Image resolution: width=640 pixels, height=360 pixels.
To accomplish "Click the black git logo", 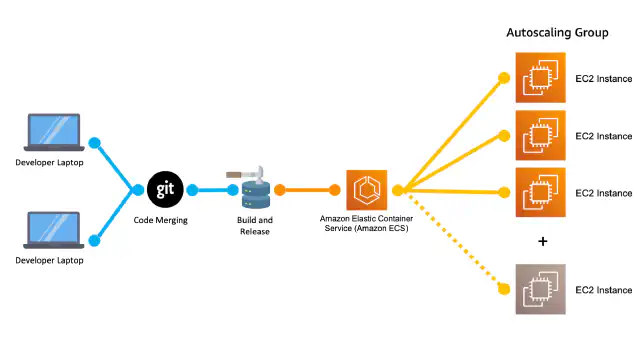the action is click(x=165, y=189).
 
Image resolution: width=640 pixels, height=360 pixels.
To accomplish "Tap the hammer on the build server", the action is click(x=245, y=174).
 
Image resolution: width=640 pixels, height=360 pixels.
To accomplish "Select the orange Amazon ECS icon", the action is click(x=367, y=190).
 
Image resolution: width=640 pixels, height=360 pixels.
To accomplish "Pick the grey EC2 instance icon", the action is click(x=540, y=289).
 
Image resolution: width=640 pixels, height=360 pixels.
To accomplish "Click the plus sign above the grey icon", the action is click(x=542, y=242).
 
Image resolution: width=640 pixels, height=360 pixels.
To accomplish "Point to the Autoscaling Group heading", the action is click(x=557, y=33).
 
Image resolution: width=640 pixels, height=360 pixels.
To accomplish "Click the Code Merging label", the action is click(x=160, y=220).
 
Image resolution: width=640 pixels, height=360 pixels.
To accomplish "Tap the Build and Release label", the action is click(x=255, y=226).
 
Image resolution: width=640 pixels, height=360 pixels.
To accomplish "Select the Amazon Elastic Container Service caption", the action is click(x=366, y=224).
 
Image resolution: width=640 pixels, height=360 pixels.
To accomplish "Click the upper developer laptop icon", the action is click(x=54, y=132).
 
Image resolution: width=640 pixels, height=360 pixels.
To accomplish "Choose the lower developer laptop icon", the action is click(x=54, y=230).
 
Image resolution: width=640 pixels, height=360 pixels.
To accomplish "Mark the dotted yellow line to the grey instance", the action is click(x=454, y=242).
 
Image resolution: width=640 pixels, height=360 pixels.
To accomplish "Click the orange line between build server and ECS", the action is click(x=307, y=190).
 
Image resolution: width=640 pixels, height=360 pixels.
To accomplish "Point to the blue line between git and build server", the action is click(x=212, y=190).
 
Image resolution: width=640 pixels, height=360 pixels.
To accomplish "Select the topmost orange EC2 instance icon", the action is click(x=540, y=77).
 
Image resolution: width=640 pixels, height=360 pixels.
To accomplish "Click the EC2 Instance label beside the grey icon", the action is click(x=604, y=290).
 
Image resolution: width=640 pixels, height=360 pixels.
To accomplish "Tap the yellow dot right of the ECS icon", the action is click(x=398, y=190).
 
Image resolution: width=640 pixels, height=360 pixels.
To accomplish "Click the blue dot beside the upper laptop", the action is click(x=95, y=143).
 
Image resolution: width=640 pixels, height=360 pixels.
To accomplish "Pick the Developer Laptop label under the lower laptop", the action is click(x=49, y=260).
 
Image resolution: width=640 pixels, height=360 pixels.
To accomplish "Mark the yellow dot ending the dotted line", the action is click(x=504, y=289).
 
